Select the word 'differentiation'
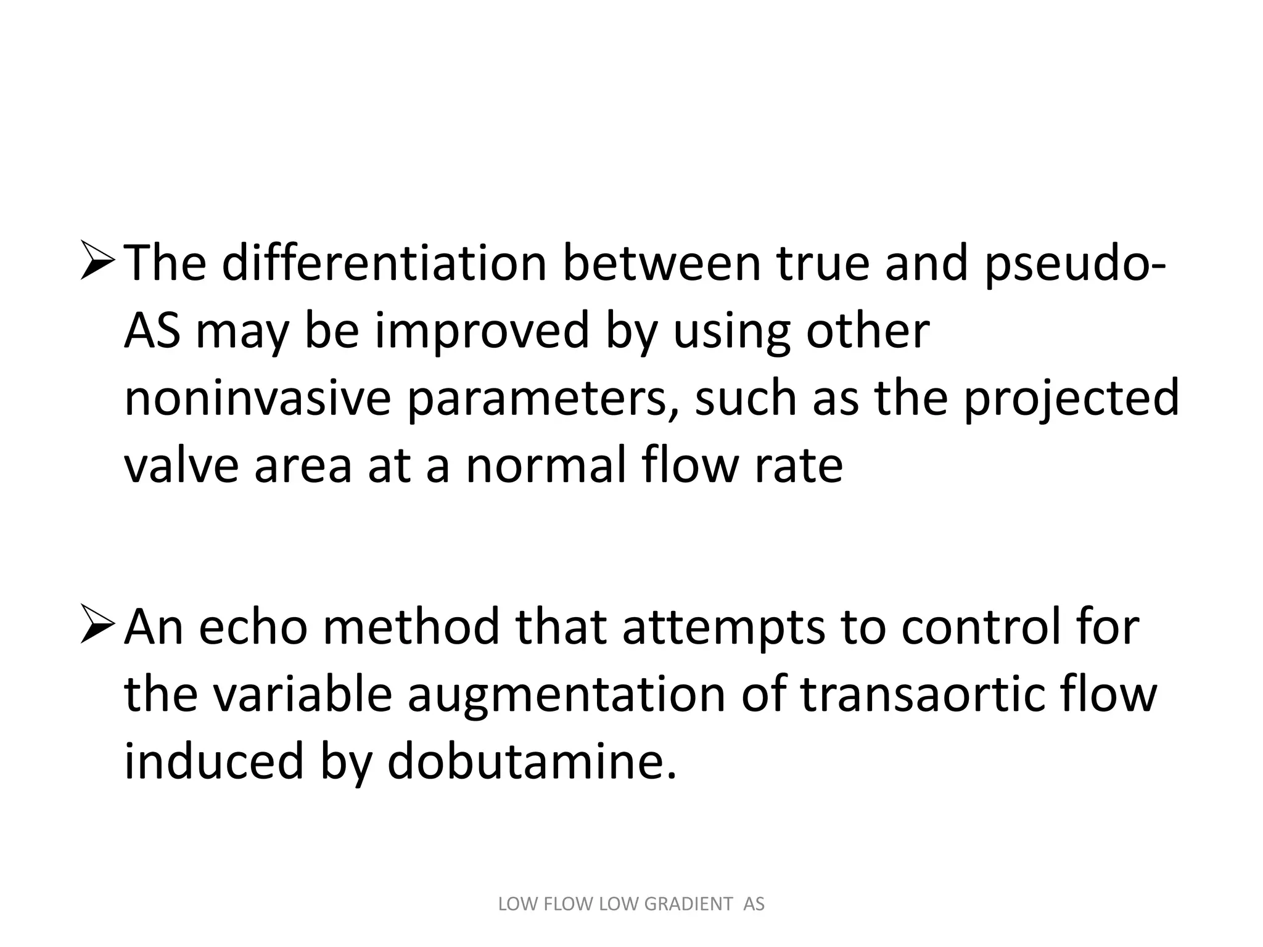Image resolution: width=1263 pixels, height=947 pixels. (384, 264)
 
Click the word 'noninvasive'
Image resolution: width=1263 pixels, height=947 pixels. (257, 398)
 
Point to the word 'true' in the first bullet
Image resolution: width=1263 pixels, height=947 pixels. (822, 264)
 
